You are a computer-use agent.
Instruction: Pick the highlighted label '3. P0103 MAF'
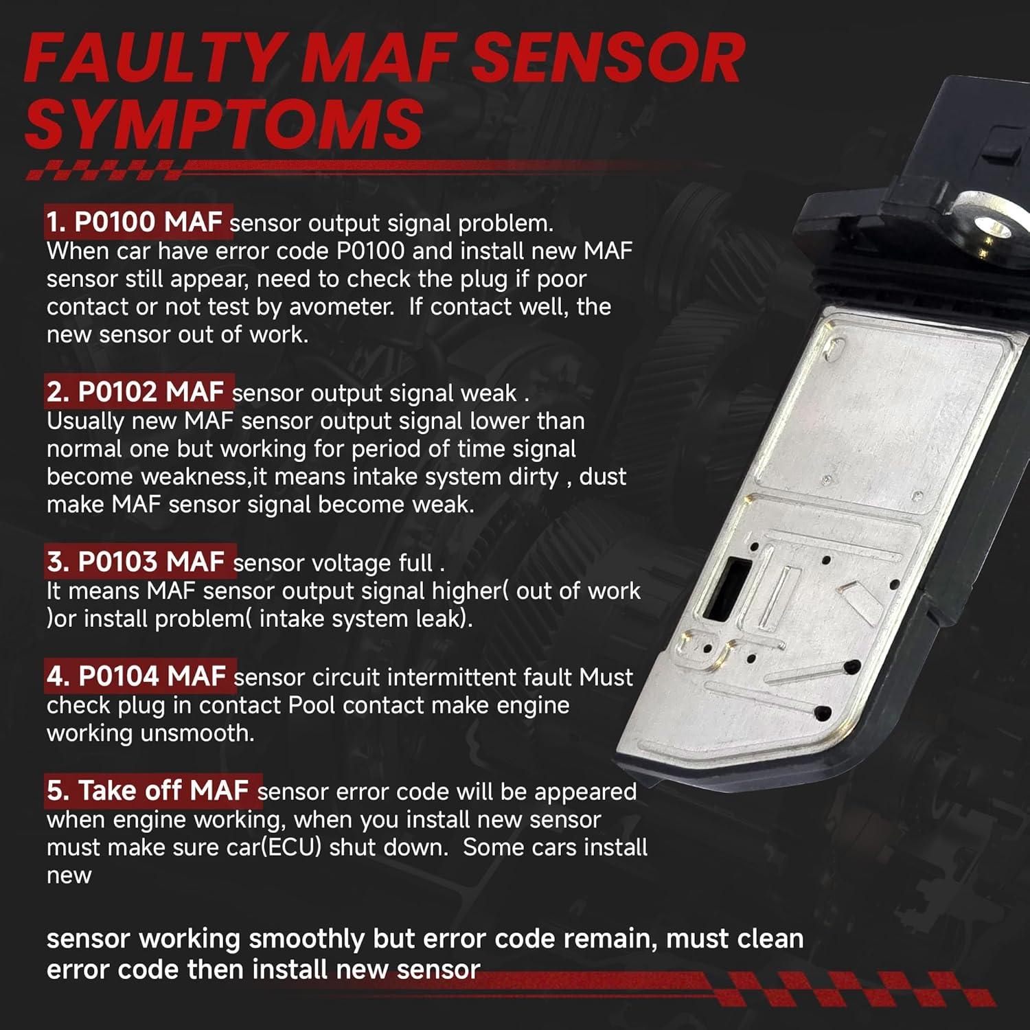point(137,562)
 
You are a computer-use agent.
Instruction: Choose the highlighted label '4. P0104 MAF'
point(137,676)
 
